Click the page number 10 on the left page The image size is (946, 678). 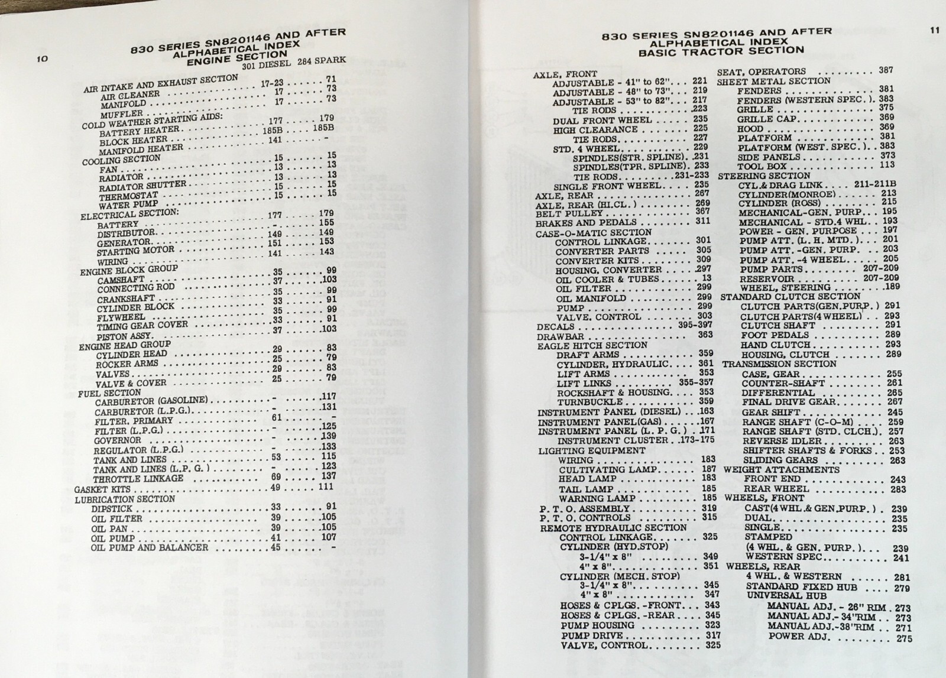point(41,59)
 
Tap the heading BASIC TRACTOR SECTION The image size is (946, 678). point(721,51)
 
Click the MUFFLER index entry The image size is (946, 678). point(121,113)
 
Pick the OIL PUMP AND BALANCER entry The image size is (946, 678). point(150,548)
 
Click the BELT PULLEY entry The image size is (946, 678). point(560,213)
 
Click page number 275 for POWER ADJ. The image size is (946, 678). point(904,638)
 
